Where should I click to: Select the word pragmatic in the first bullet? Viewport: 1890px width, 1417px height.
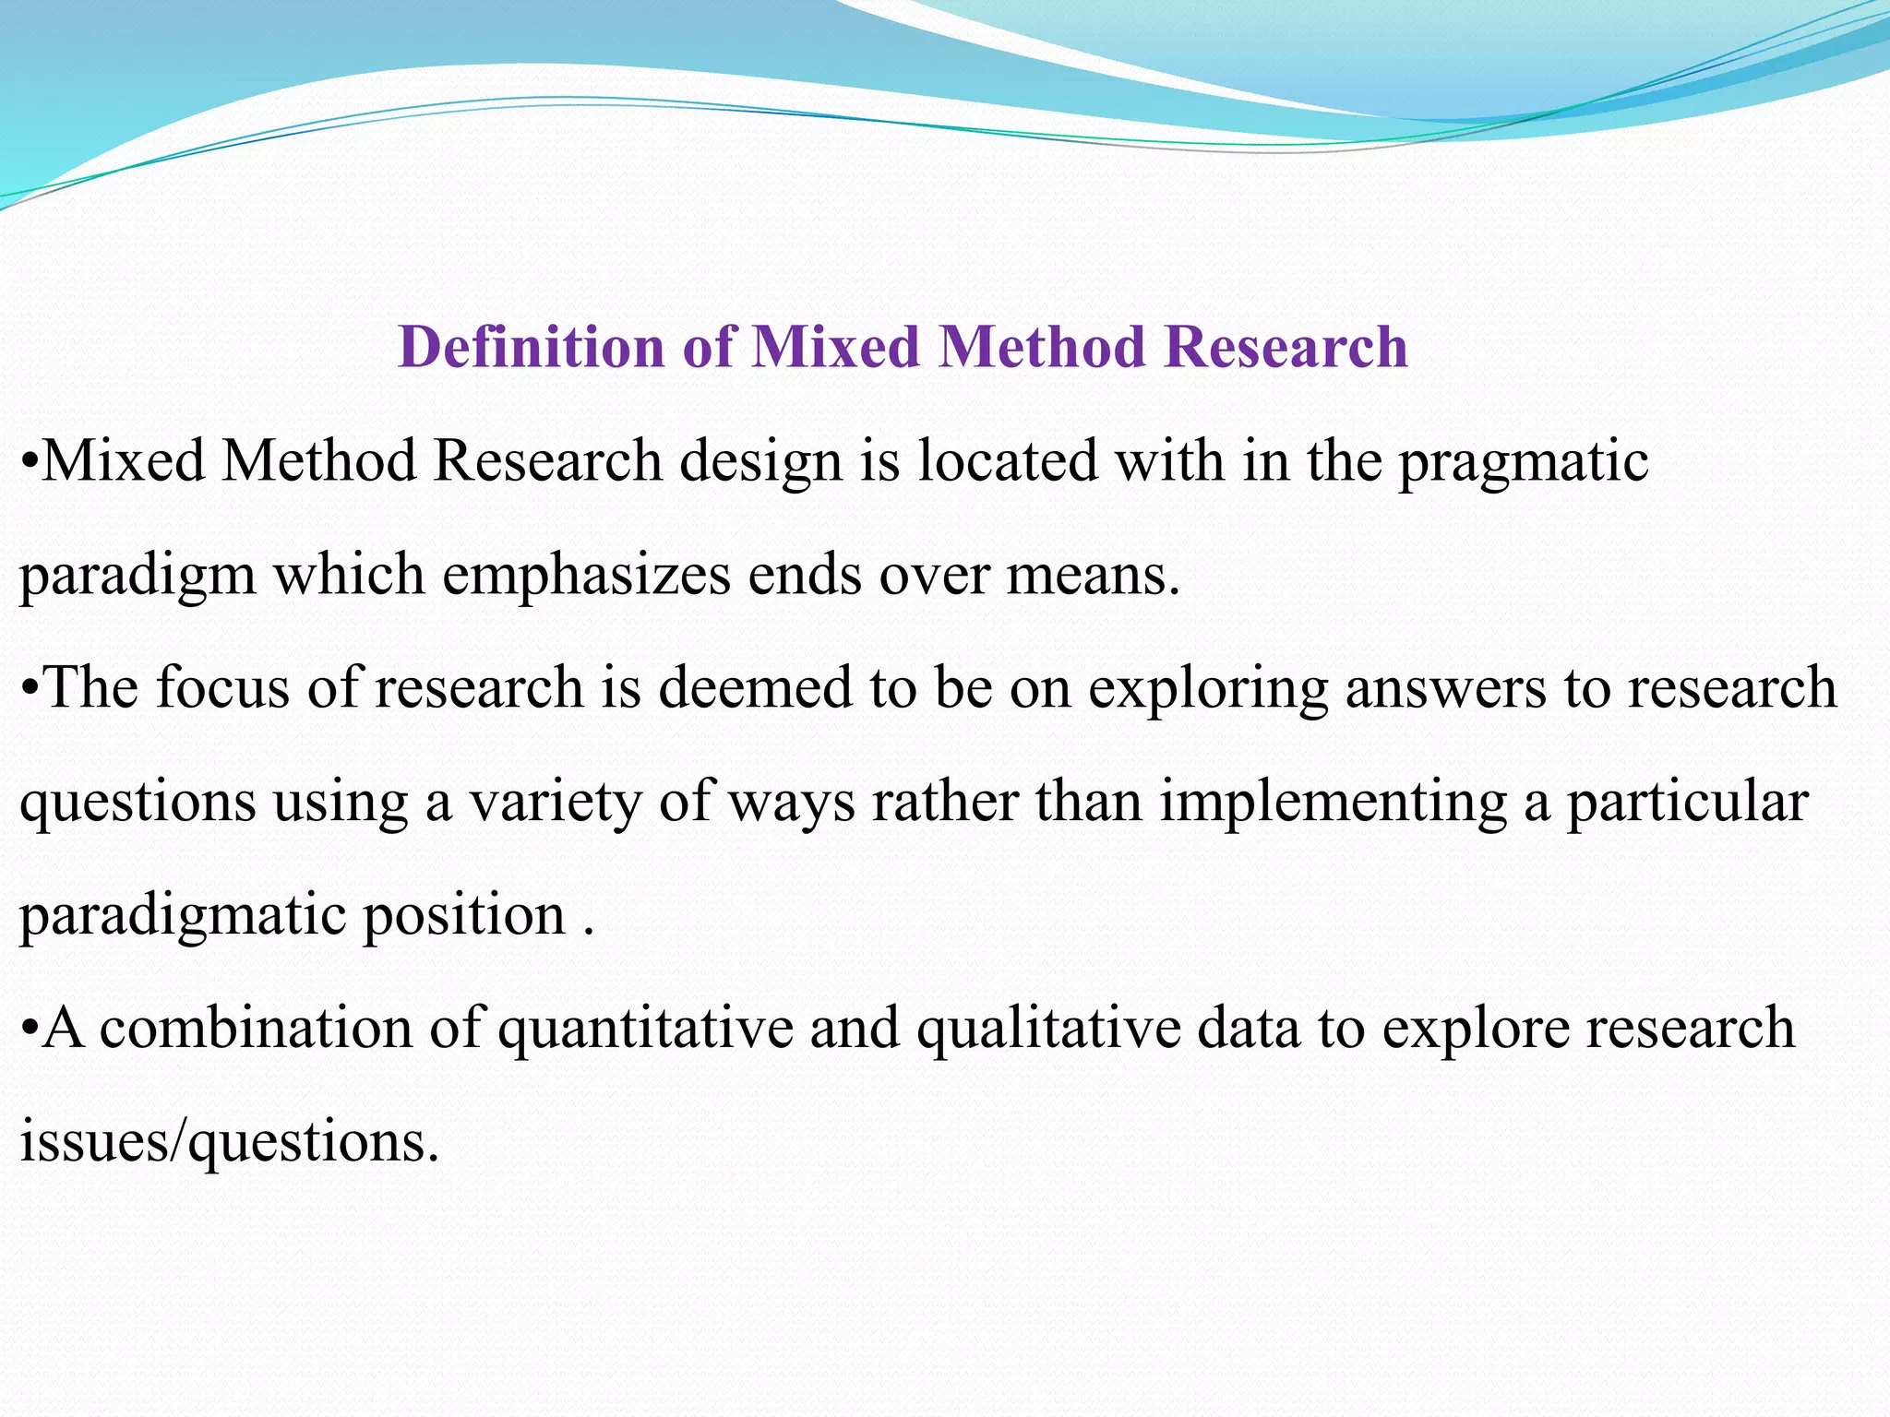[1524, 461]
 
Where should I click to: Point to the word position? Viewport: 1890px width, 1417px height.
[463, 916]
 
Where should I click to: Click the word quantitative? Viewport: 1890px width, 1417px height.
[646, 1029]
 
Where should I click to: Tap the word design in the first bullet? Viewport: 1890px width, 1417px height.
[760, 461]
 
